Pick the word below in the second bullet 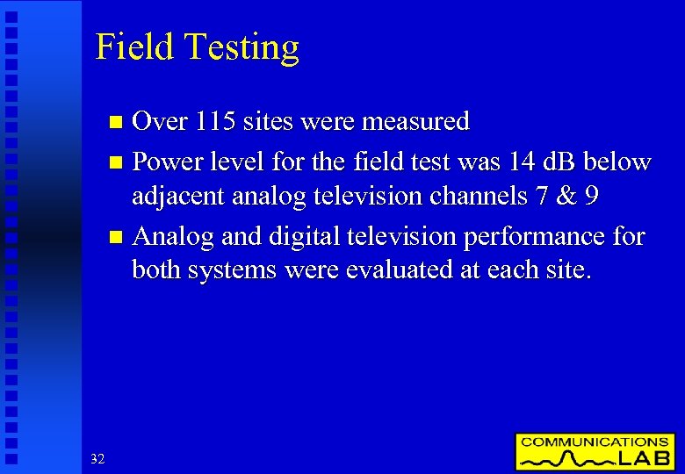tap(618, 162)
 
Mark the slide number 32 tap(97, 458)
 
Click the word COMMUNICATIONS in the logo tap(595, 442)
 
